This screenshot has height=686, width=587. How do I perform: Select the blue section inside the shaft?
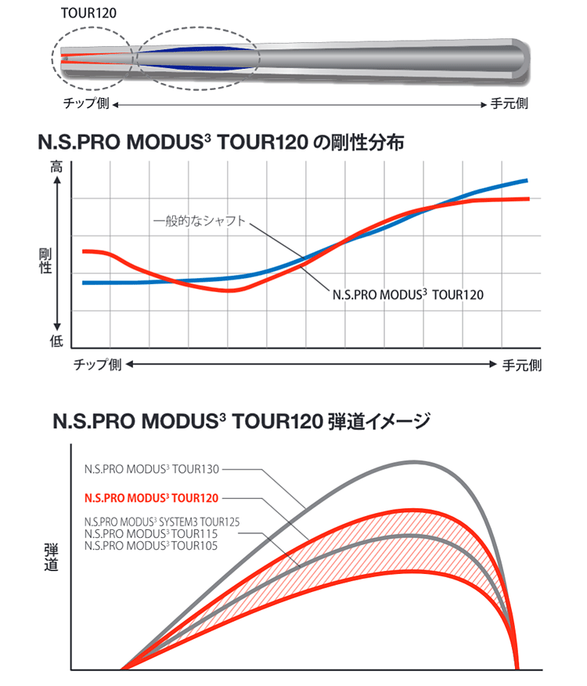tap(196, 58)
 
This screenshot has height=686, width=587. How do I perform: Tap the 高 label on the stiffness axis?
tap(56, 167)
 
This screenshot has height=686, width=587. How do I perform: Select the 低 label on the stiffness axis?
tap(56, 341)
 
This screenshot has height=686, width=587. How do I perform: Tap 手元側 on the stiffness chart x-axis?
tap(520, 365)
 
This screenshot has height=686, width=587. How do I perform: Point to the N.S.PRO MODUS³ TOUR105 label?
tap(150, 544)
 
